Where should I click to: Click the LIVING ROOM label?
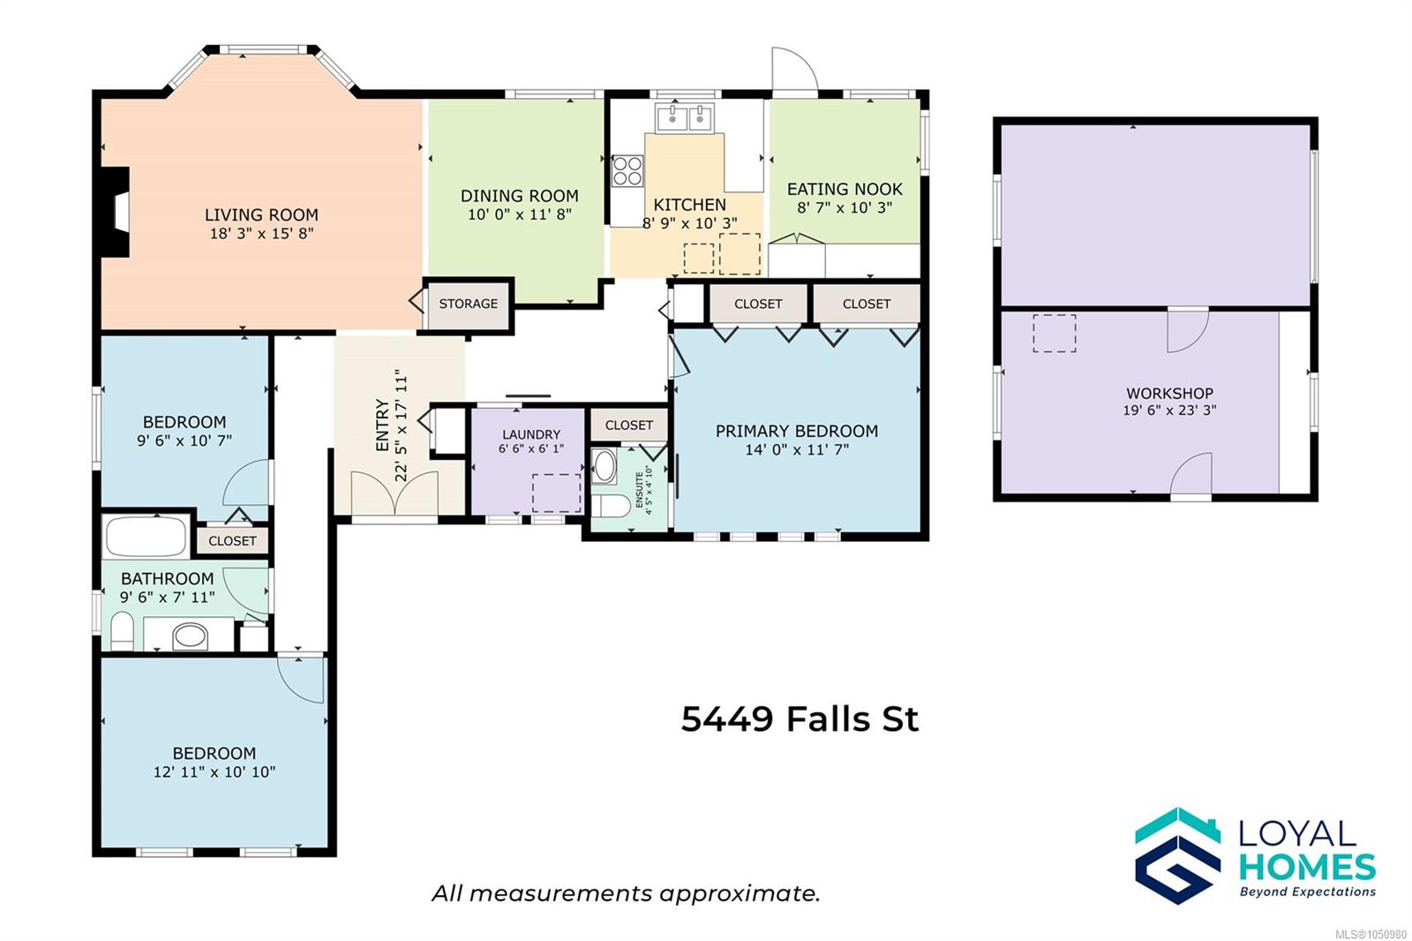tap(261, 215)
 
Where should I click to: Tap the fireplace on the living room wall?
tap(115, 212)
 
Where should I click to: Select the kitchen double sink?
tap(685, 117)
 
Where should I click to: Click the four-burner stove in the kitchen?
tap(627, 171)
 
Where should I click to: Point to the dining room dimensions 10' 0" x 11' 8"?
tap(520, 215)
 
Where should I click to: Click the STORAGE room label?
tap(469, 304)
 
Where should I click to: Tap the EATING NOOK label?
tap(845, 189)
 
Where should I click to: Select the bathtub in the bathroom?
tap(146, 536)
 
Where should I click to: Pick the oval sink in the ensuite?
tap(605, 467)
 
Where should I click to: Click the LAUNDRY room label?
tap(530, 434)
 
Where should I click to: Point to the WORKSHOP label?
tap(1170, 394)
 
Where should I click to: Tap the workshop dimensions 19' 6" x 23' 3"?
tap(1170, 410)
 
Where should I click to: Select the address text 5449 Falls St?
tap(800, 719)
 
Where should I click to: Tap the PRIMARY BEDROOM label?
tap(797, 432)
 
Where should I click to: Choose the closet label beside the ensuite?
tap(629, 425)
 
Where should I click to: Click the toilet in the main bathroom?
tap(122, 630)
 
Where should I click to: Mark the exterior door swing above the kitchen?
tap(795, 71)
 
